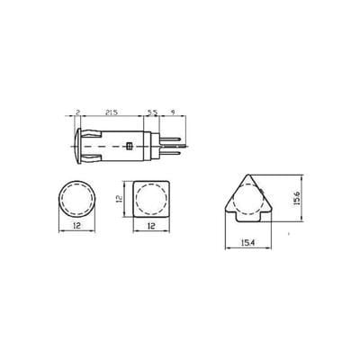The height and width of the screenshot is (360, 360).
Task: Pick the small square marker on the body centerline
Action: [x=131, y=145]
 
